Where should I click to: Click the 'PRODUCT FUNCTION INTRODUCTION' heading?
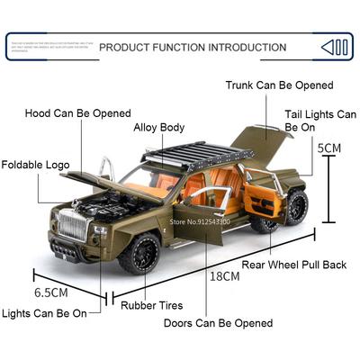[193, 48]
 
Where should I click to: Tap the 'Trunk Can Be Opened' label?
[280, 85]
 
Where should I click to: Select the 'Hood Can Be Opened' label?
[78, 113]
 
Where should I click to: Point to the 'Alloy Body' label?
[159, 128]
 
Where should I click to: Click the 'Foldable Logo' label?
[35, 165]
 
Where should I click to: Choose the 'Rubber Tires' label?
[152, 305]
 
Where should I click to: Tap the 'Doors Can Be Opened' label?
[219, 323]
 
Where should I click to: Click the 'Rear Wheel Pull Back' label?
[294, 265]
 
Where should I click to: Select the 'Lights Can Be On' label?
[44, 313]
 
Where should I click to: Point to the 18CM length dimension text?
[225, 276]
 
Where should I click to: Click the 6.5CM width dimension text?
[51, 292]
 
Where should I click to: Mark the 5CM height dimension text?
[329, 148]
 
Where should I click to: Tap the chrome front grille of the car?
[73, 225]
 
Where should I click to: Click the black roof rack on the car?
[198, 155]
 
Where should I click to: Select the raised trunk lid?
[262, 144]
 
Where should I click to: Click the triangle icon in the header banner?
[327, 48]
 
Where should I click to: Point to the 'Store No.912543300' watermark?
[200, 221]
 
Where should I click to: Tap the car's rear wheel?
[295, 207]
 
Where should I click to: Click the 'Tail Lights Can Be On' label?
[320, 121]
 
